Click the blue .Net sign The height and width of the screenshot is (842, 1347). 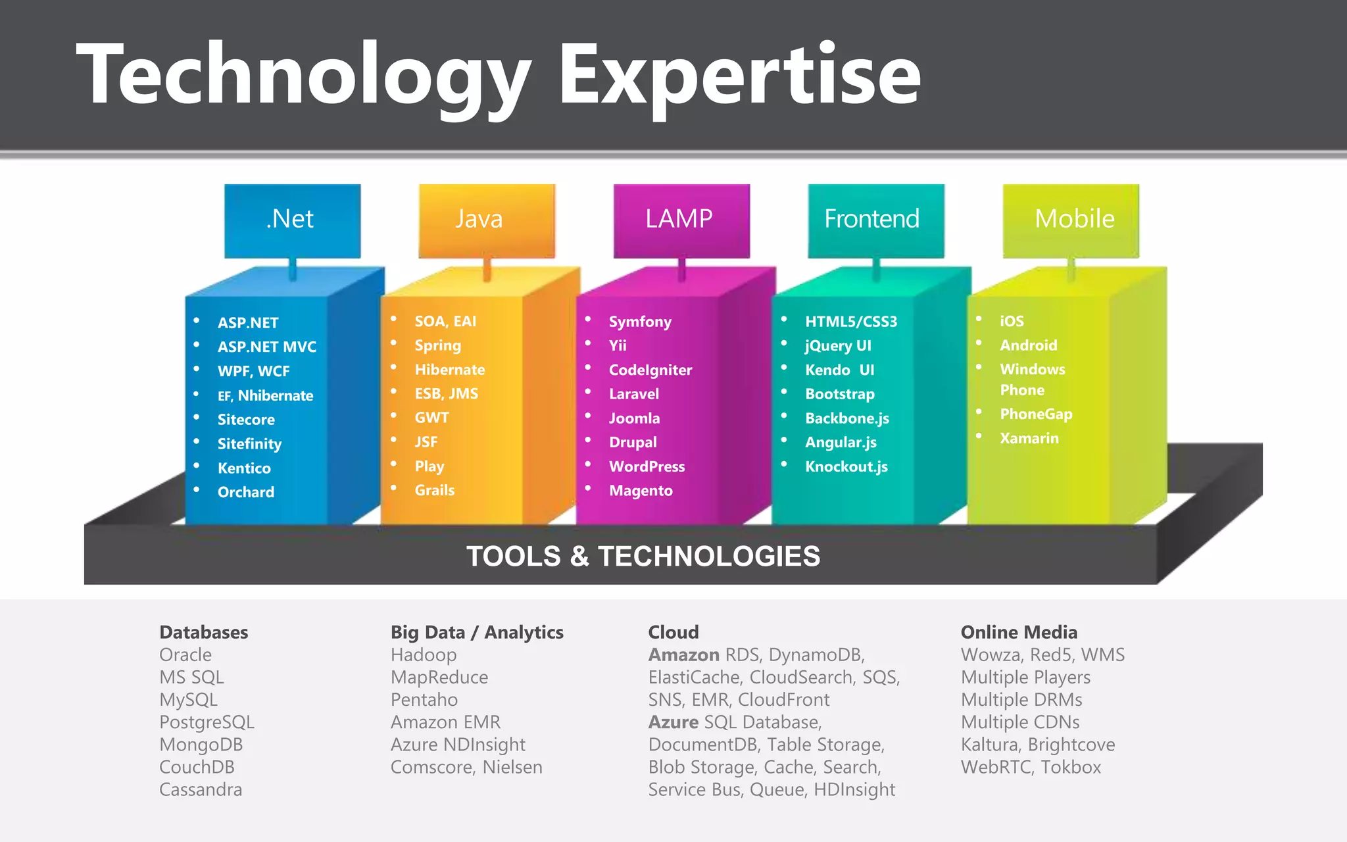point(292,220)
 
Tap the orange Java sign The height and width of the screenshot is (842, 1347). point(487,220)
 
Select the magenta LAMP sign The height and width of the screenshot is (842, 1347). point(681,220)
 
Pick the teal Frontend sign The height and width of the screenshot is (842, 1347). point(875,220)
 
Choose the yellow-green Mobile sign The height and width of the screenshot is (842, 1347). point(1071,220)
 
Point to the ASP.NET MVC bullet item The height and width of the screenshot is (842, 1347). point(266,347)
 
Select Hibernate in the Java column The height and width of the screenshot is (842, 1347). point(449,370)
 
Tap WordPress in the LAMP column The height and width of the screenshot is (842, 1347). point(647,466)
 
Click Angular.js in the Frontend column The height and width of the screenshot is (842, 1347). point(841,442)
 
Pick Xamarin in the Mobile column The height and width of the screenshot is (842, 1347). point(1029,438)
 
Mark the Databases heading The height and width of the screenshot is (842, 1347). point(203,632)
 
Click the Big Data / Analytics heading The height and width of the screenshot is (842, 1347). point(477,632)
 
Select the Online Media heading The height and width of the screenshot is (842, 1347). point(1019,632)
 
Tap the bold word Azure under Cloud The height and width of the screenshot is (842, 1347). point(673,722)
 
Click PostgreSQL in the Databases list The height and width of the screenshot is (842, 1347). point(207,722)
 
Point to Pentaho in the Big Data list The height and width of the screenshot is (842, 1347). point(424,700)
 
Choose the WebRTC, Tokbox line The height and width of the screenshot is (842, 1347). point(1031,767)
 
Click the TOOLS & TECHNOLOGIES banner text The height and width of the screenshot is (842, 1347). point(643,557)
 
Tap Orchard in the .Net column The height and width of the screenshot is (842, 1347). point(245,492)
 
